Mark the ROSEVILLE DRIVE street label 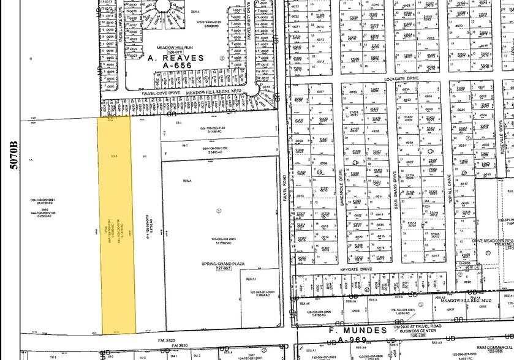(x=501, y=138)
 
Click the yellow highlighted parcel (x=115, y=227)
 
